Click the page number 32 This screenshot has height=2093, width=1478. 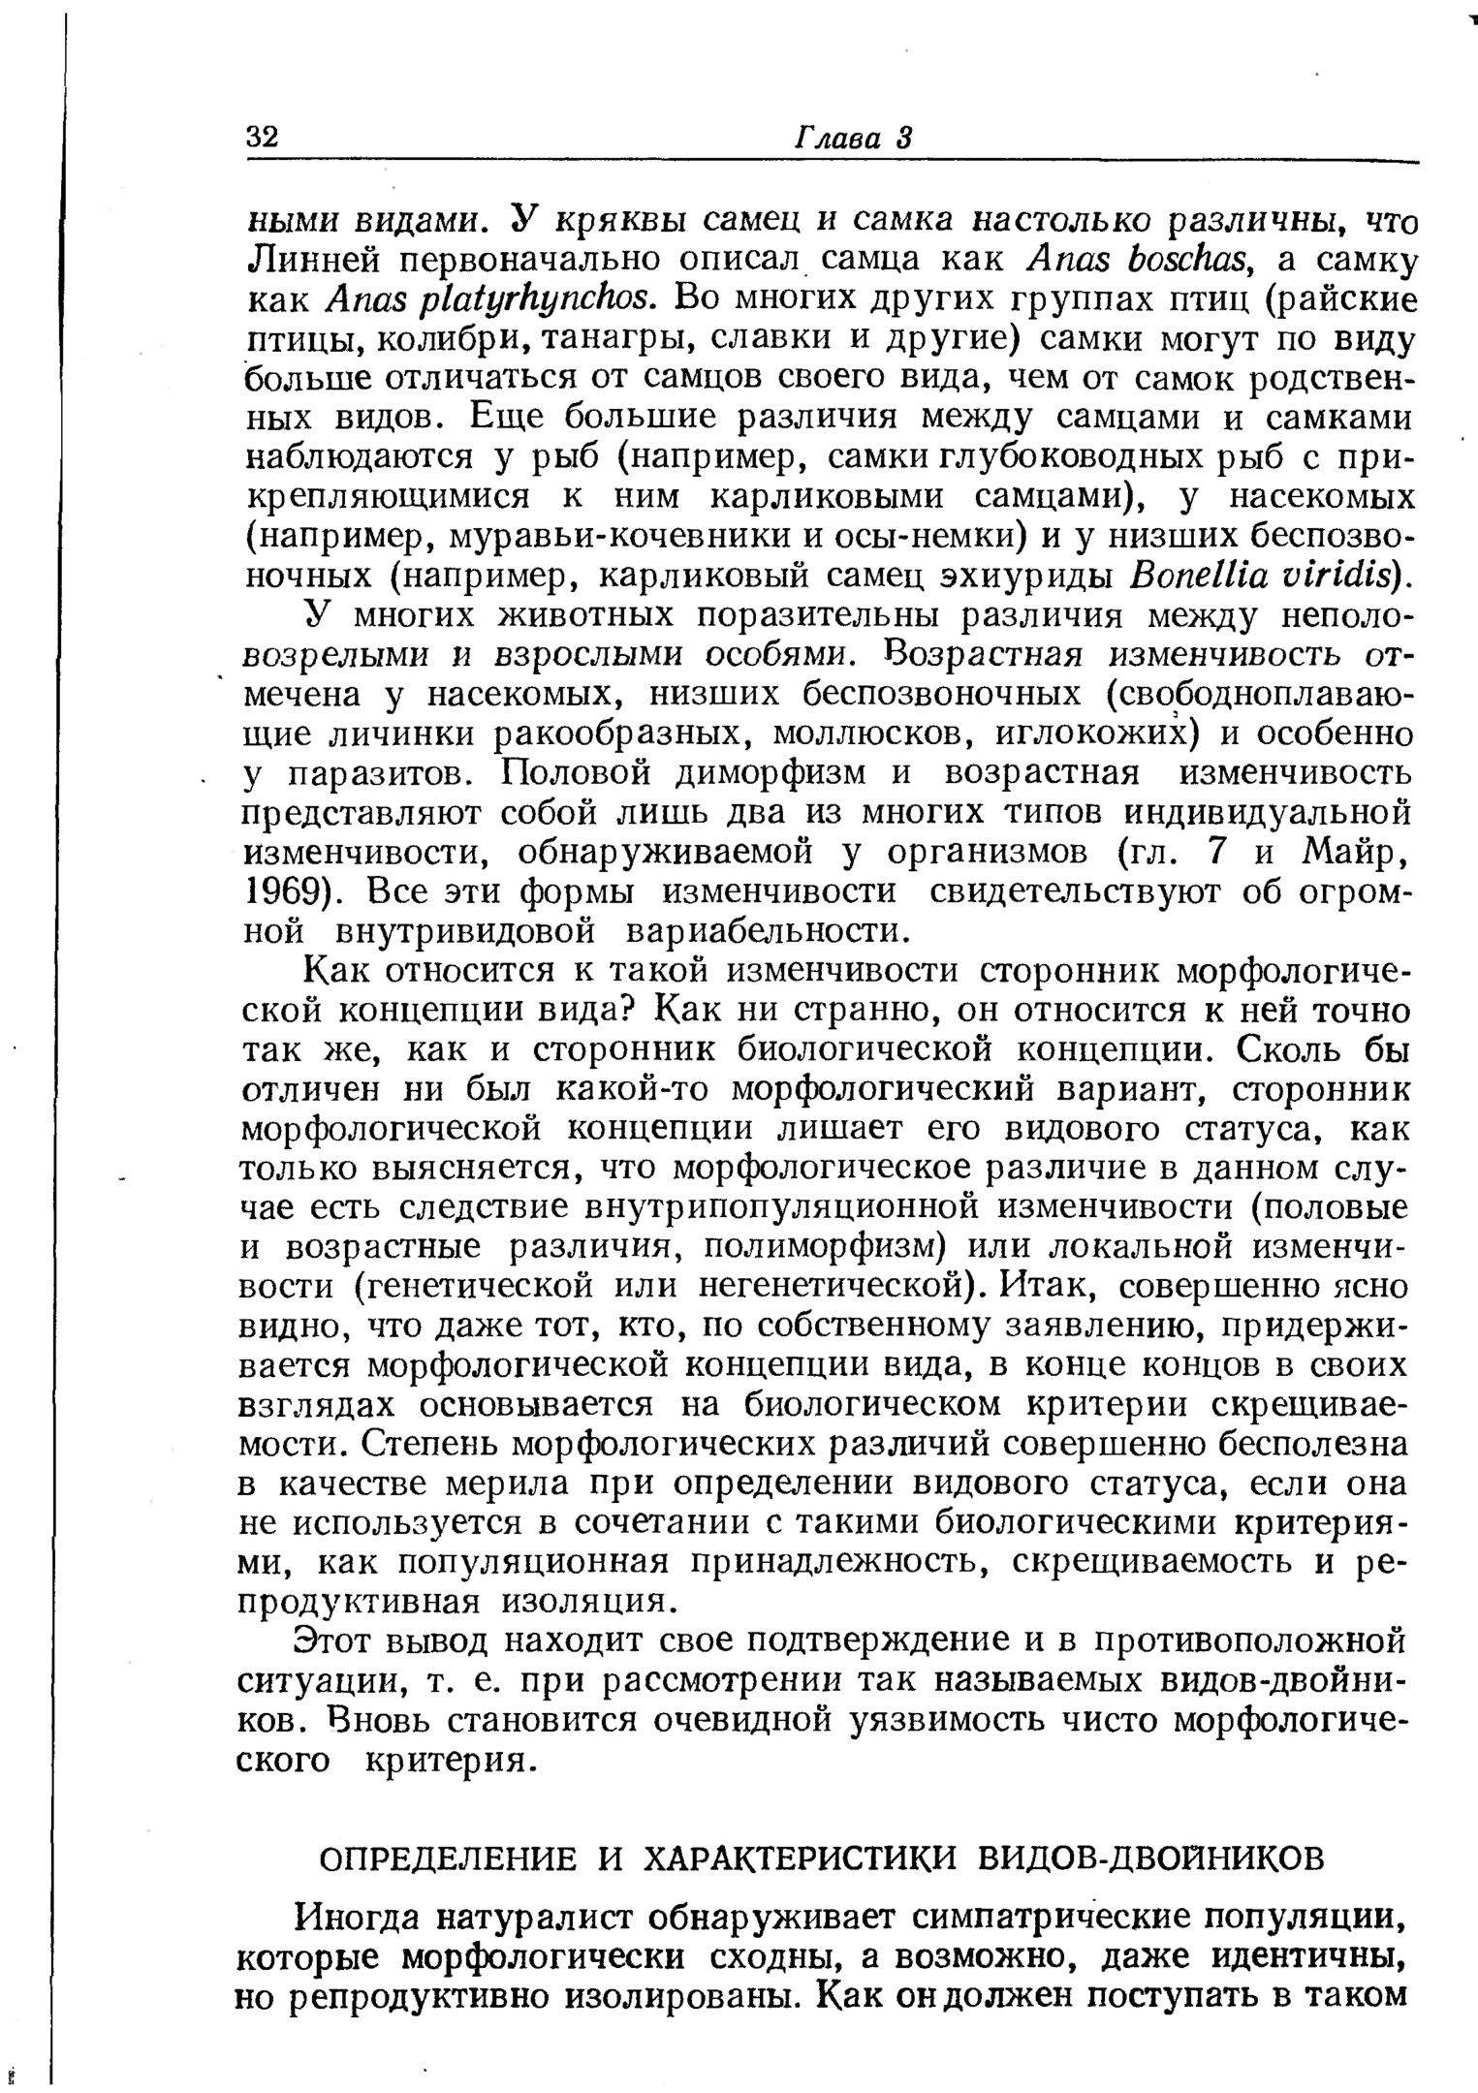[262, 137]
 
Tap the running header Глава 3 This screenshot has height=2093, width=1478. [854, 137]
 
